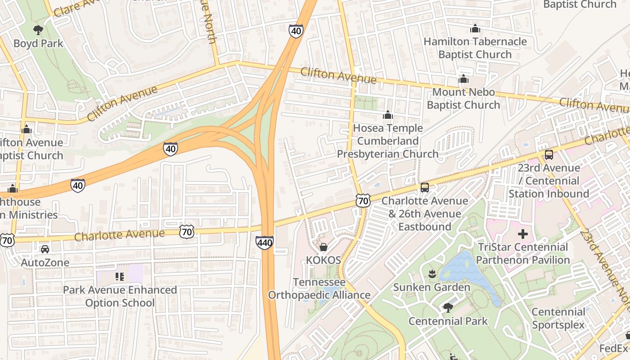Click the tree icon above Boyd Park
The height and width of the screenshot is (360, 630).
(x=38, y=30)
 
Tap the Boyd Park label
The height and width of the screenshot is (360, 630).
(x=38, y=44)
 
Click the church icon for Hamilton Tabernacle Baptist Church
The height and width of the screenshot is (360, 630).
(x=475, y=29)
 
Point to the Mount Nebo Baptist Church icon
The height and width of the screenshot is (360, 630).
(x=463, y=79)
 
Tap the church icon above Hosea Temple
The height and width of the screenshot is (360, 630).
(x=387, y=115)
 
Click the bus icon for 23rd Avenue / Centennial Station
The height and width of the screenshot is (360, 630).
(x=549, y=155)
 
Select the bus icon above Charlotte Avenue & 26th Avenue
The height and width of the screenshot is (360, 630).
(x=424, y=188)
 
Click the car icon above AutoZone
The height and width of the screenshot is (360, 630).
(x=45, y=249)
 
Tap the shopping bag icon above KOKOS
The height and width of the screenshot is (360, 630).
(x=323, y=247)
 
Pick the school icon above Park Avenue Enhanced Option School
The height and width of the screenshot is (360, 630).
(x=119, y=276)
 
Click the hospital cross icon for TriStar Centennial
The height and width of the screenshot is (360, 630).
(x=522, y=234)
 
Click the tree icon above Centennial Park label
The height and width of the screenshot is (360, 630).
(x=447, y=308)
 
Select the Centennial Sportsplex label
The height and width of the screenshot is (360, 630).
(x=558, y=318)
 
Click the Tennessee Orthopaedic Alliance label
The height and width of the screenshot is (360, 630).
(x=319, y=288)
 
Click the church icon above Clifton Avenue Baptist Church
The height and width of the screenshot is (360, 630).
(x=26, y=130)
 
